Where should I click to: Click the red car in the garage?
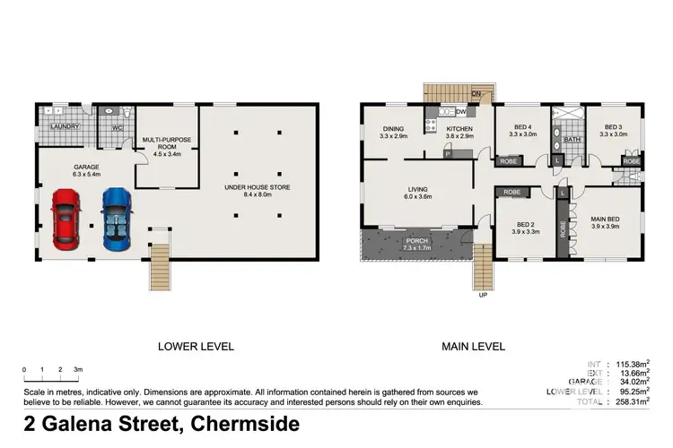[x=66, y=218]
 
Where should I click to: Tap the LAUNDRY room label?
[x=66, y=127]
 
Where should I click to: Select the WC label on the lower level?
[x=117, y=128]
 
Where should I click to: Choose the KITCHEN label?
[x=459, y=128]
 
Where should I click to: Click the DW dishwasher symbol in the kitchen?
[x=460, y=112]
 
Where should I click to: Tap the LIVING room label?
[x=417, y=190]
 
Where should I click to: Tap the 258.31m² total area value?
[x=629, y=404]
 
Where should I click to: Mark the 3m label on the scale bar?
[x=79, y=369]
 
